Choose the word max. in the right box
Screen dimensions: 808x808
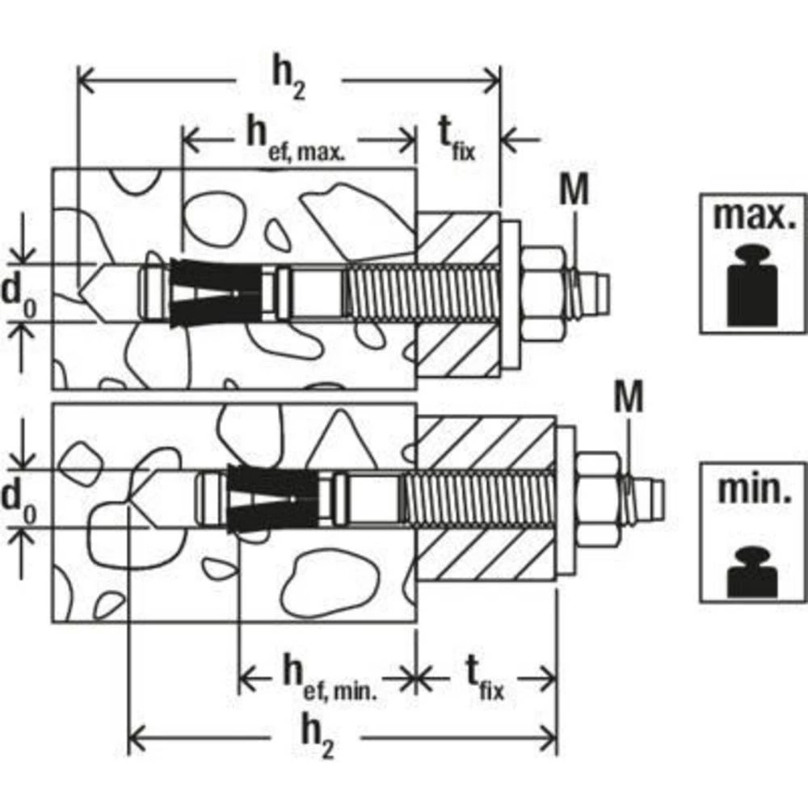tap(753, 216)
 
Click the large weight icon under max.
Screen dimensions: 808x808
tap(753, 286)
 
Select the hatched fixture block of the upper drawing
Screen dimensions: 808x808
tap(457, 295)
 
